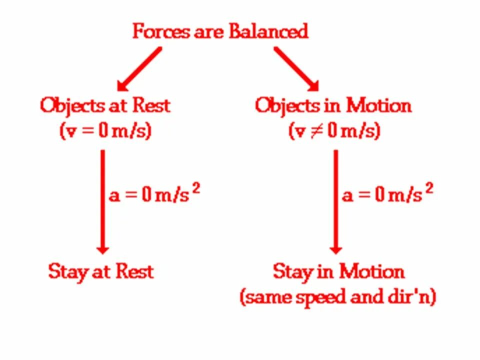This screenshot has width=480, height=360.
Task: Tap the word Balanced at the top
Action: (x=268, y=31)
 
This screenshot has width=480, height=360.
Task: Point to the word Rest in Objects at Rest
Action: (x=151, y=105)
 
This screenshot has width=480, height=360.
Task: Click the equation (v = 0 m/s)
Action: (x=105, y=131)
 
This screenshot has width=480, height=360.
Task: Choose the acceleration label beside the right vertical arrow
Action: (x=386, y=194)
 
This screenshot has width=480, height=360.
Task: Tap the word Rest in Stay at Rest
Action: (x=134, y=271)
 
